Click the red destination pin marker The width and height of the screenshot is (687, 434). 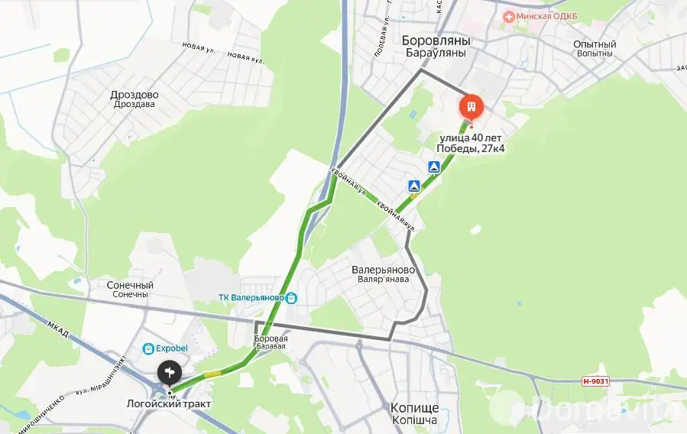472,105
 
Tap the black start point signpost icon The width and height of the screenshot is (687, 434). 169,373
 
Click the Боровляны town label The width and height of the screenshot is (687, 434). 436,40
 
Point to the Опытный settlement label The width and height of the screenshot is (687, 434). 595,44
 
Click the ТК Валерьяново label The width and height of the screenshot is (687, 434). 251,298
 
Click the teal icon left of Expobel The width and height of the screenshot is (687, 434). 148,349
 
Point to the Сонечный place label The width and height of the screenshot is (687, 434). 130,285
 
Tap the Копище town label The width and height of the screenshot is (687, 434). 413,407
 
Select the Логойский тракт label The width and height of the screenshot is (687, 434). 170,403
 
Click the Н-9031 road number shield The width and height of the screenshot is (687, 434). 595,381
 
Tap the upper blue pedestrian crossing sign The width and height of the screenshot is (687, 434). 433,167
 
